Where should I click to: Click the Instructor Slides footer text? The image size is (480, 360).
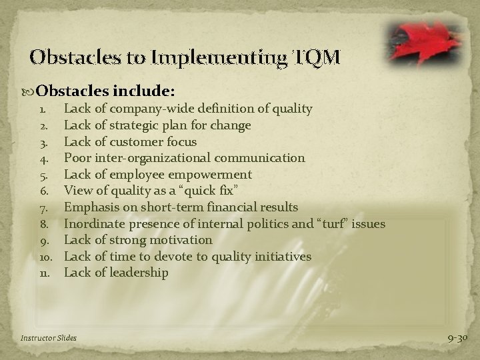49,338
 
